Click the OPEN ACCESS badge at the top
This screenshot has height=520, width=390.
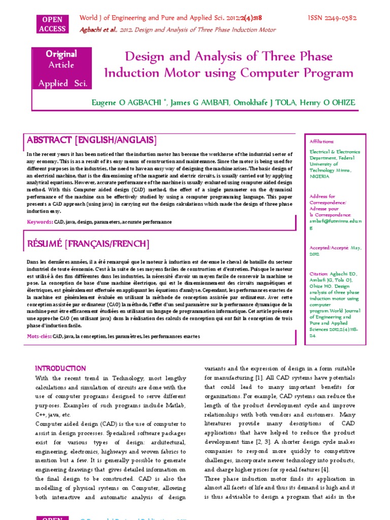click(x=52, y=24)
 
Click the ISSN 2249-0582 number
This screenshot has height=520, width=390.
click(x=332, y=18)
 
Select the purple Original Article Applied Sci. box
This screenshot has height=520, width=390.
click(x=61, y=69)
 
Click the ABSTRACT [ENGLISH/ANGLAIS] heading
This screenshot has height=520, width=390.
click(x=91, y=140)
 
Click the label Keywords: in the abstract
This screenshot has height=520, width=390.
click(x=40, y=222)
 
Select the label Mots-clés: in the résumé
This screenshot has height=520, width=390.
click(x=39, y=337)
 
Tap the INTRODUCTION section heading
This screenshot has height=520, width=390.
click(x=60, y=368)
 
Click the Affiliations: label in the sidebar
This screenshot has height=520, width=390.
click(x=322, y=142)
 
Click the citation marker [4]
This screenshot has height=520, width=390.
click(x=325, y=469)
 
